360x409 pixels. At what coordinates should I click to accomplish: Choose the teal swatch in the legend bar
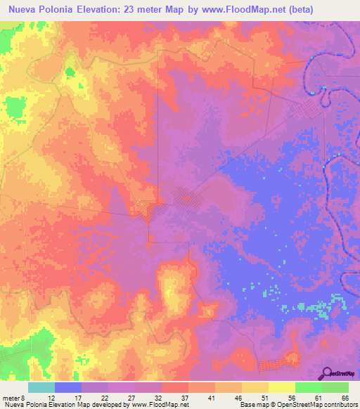click(41, 387)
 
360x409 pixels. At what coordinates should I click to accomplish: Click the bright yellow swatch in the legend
click(282, 387)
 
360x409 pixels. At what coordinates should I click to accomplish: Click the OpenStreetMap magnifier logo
click(328, 374)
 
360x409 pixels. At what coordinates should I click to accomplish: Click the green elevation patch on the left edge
click(13, 108)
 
